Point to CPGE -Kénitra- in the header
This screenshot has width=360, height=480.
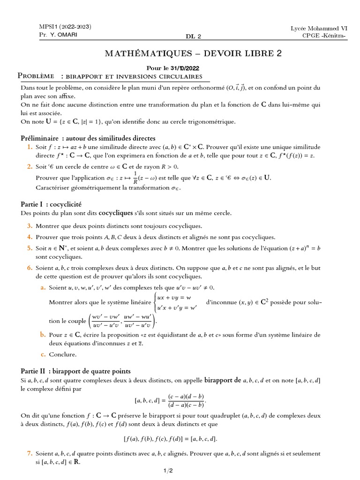(323, 37)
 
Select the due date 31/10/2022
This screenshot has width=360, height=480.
(195, 67)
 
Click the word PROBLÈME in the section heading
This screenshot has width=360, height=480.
(35, 76)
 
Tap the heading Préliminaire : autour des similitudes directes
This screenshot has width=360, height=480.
(88, 138)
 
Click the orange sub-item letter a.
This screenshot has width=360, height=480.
(42, 287)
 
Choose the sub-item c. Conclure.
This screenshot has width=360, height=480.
(59, 354)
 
